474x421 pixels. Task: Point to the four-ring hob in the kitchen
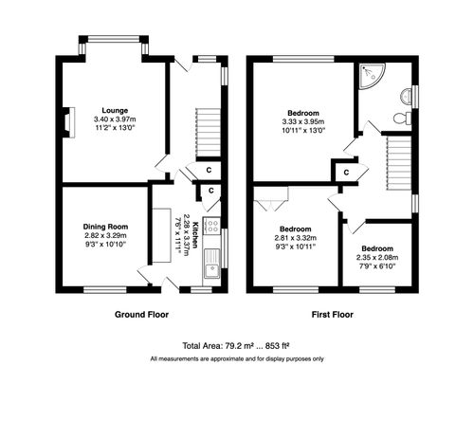point(213,228)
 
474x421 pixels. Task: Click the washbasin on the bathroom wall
point(407,94)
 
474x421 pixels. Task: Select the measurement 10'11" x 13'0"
point(303,131)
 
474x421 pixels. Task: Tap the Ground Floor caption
point(142,313)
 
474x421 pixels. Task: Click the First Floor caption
point(334,313)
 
